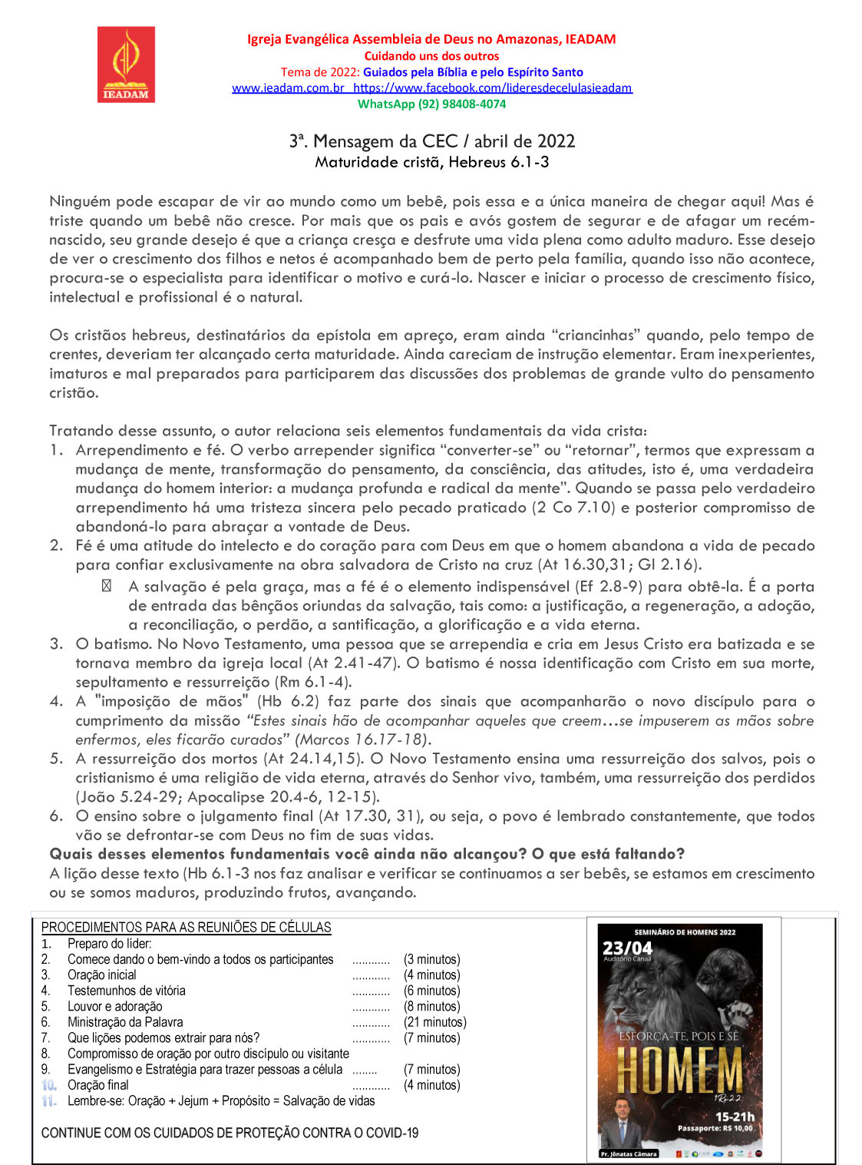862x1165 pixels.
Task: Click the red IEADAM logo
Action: tap(126, 65)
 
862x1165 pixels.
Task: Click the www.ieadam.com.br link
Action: tap(288, 88)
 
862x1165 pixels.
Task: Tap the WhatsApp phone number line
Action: tap(431, 104)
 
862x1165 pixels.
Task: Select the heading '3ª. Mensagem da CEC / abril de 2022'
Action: tap(431, 141)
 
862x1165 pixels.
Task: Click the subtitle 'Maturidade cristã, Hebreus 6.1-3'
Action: tap(431, 162)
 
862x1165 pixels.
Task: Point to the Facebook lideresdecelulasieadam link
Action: tap(493, 88)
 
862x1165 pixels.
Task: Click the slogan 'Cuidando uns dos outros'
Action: tap(431, 56)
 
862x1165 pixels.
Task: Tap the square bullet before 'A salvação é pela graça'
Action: tap(107, 586)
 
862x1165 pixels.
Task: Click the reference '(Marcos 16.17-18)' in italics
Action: tap(363, 740)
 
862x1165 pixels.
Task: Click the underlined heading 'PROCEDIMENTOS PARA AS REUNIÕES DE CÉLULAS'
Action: tap(186, 927)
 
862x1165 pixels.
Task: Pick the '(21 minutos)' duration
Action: tap(434, 1022)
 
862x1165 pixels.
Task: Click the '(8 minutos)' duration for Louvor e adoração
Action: tap(431, 1006)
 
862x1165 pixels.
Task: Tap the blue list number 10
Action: tap(49, 1085)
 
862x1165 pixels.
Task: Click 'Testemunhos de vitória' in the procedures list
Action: tap(126, 991)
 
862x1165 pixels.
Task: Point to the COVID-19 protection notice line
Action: tap(230, 1133)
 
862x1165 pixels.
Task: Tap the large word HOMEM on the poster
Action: tap(680, 1070)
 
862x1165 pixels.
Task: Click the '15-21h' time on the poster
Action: tap(734, 1117)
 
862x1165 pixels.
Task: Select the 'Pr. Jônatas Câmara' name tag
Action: tap(629, 1153)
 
